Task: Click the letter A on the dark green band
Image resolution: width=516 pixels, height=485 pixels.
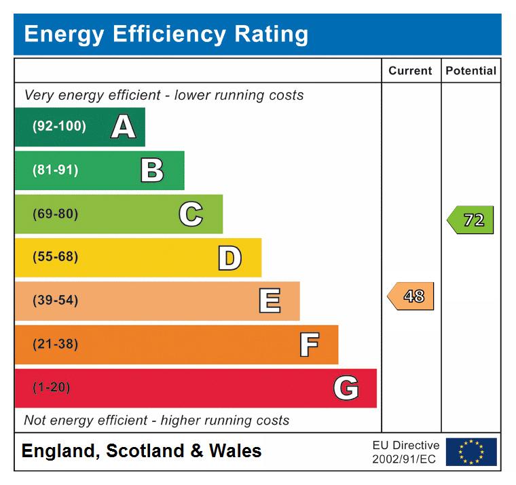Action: click(x=123, y=127)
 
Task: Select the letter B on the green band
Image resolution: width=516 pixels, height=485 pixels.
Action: click(x=152, y=170)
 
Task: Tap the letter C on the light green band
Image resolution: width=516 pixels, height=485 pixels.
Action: click(x=191, y=214)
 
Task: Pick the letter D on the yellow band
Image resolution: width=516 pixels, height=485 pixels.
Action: click(x=229, y=258)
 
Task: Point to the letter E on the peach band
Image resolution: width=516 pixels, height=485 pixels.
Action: click(x=270, y=301)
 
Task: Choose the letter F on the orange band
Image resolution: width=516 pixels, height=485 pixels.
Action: click(x=309, y=345)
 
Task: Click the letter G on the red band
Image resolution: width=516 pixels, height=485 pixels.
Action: click(x=346, y=388)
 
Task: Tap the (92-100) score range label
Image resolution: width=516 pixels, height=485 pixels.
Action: click(x=59, y=127)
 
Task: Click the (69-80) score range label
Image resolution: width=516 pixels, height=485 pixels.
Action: click(x=55, y=214)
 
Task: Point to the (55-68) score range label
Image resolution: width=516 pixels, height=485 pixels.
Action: click(x=55, y=258)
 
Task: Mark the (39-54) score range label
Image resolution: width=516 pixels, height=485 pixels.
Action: click(x=55, y=301)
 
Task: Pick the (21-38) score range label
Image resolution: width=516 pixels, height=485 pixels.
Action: click(x=55, y=345)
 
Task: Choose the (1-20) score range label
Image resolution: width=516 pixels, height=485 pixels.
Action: click(x=51, y=388)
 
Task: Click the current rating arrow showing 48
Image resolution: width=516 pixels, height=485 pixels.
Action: click(x=411, y=296)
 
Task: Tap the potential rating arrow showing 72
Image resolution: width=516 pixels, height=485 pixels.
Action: click(x=471, y=220)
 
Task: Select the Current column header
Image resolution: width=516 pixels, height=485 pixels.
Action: click(x=410, y=71)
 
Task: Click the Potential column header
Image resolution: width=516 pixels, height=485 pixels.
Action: click(x=471, y=71)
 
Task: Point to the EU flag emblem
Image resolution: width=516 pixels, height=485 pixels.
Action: click(x=471, y=452)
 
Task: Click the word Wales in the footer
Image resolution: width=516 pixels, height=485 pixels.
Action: click(x=235, y=451)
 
